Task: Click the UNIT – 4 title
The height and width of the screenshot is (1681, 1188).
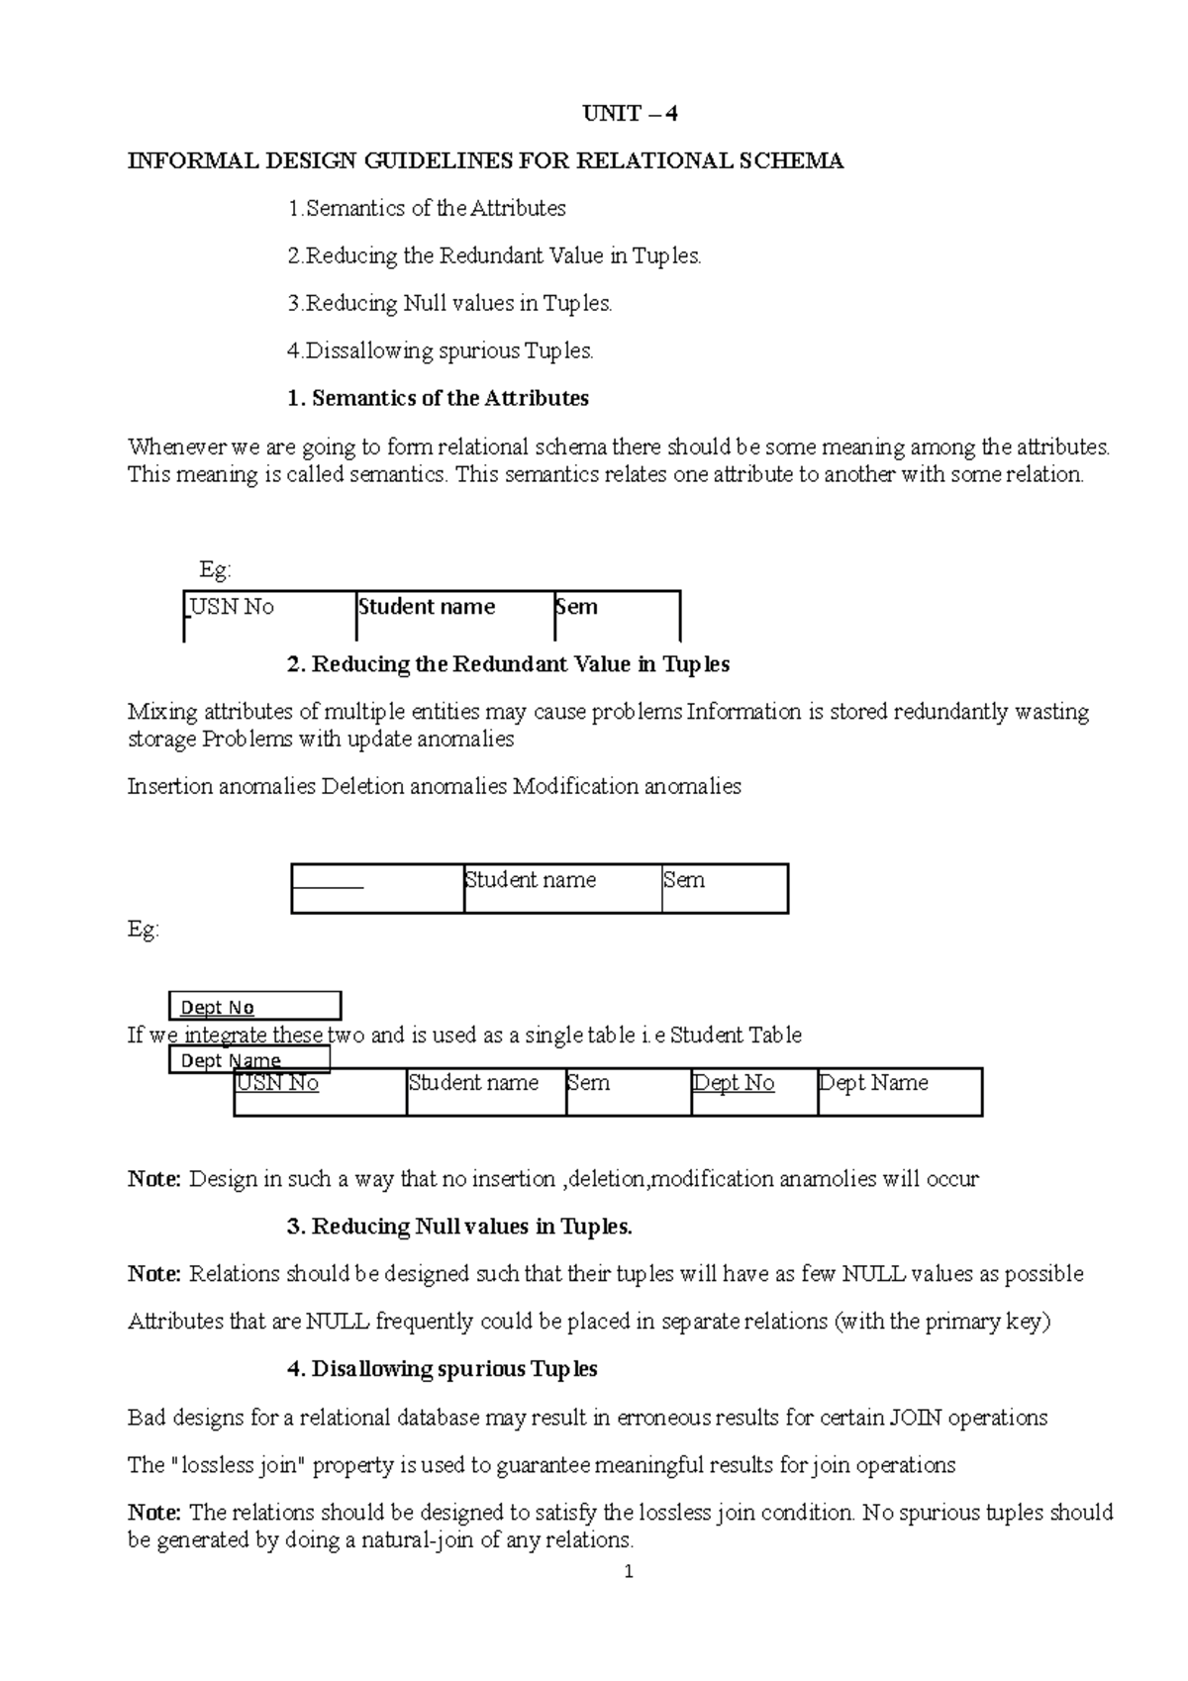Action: [x=630, y=114]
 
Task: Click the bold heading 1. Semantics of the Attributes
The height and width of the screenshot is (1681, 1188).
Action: [x=438, y=399]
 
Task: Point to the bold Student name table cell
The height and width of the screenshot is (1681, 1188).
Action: [x=427, y=607]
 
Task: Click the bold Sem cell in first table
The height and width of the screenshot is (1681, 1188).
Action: [x=577, y=607]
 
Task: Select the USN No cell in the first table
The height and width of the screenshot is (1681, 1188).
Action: [x=232, y=607]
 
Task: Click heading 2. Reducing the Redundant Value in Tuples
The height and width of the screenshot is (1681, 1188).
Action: [x=508, y=664]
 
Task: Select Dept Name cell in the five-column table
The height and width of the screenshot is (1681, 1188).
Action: [x=873, y=1083]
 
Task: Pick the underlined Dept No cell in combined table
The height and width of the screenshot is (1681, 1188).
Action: [x=734, y=1083]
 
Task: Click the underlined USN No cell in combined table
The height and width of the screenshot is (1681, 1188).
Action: [x=277, y=1083]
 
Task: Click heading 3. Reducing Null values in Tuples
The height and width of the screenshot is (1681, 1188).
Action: [x=459, y=1227]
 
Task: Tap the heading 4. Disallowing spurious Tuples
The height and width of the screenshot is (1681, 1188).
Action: [x=442, y=1369]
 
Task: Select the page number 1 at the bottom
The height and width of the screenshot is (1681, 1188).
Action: [x=629, y=1571]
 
